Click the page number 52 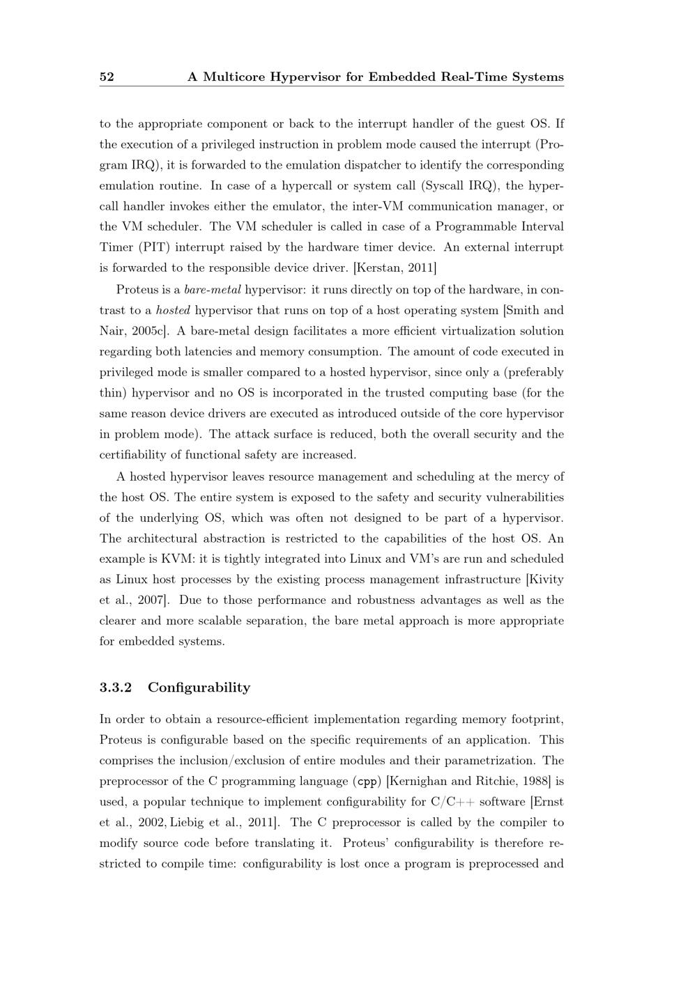point(107,77)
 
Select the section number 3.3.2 point(116,688)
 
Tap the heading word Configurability point(199,688)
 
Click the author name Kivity point(546,580)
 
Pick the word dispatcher point(358,165)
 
